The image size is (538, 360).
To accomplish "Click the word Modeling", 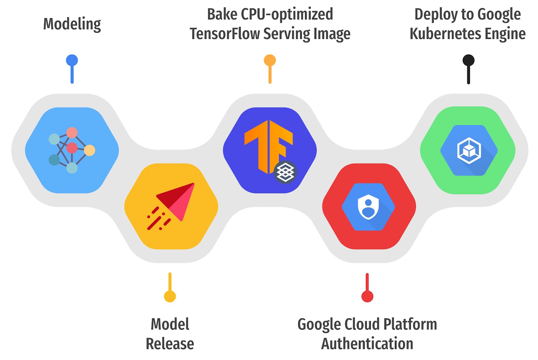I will point(72,25).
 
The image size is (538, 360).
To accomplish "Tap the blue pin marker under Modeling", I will point(72,61).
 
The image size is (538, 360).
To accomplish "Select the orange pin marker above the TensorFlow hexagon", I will point(270,61).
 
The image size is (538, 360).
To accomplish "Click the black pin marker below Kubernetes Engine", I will point(468,61).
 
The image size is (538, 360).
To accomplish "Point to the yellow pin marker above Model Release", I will point(170,296).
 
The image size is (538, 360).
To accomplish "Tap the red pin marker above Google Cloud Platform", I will point(367,296).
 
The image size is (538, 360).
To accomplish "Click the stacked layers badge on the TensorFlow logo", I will point(285,172).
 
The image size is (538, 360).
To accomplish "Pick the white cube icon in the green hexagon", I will point(469,150).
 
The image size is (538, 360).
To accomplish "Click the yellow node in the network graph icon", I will point(89,150).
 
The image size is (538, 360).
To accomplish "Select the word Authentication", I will point(367,344).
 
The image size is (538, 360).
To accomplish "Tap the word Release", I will point(170,344).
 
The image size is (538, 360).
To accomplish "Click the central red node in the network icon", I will point(72,148).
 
